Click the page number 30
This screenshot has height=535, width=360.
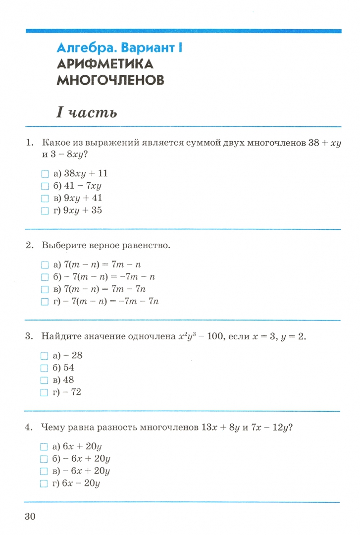[30, 516]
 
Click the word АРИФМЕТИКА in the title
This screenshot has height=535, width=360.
[105, 64]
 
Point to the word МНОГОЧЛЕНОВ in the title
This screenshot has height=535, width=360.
[110, 80]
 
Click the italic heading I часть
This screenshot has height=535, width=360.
[87, 112]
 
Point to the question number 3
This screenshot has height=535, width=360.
[29, 337]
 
